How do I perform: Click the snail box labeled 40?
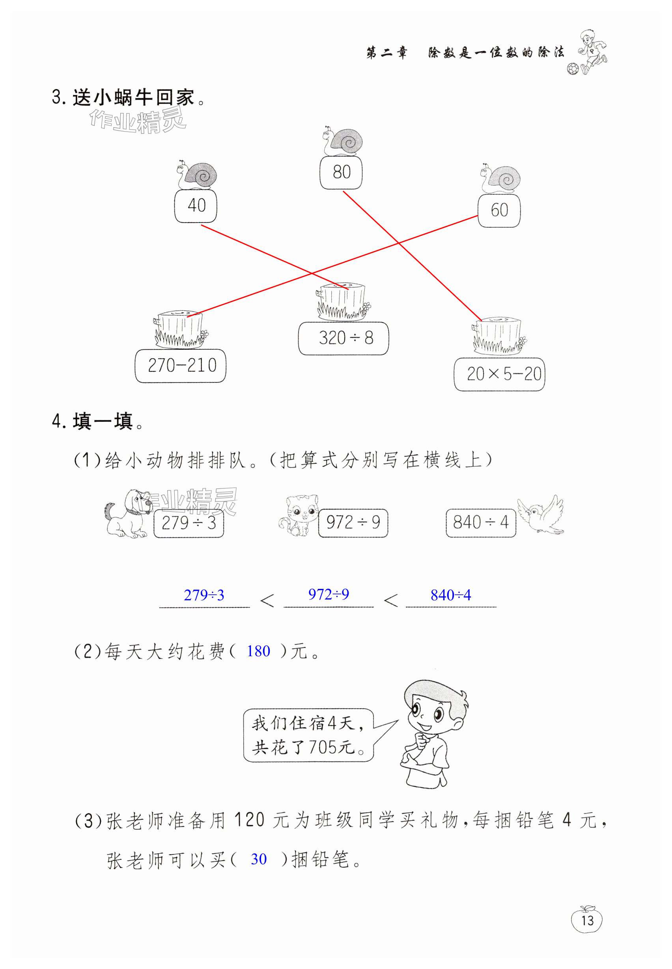click(x=196, y=206)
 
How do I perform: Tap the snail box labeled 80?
click(x=341, y=172)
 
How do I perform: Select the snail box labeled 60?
click(x=499, y=210)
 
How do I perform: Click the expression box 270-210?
click(x=181, y=366)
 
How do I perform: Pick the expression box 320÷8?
click(x=343, y=338)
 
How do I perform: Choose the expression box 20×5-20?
click(x=499, y=374)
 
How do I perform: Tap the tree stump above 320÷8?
click(x=342, y=301)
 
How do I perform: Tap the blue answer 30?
click(x=259, y=859)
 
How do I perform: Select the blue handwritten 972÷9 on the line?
click(x=329, y=594)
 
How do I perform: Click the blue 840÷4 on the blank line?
click(x=450, y=595)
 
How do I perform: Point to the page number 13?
click(x=586, y=921)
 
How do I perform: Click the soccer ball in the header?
click(x=572, y=68)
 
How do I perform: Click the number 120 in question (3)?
click(x=249, y=819)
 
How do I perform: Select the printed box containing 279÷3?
click(x=189, y=523)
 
